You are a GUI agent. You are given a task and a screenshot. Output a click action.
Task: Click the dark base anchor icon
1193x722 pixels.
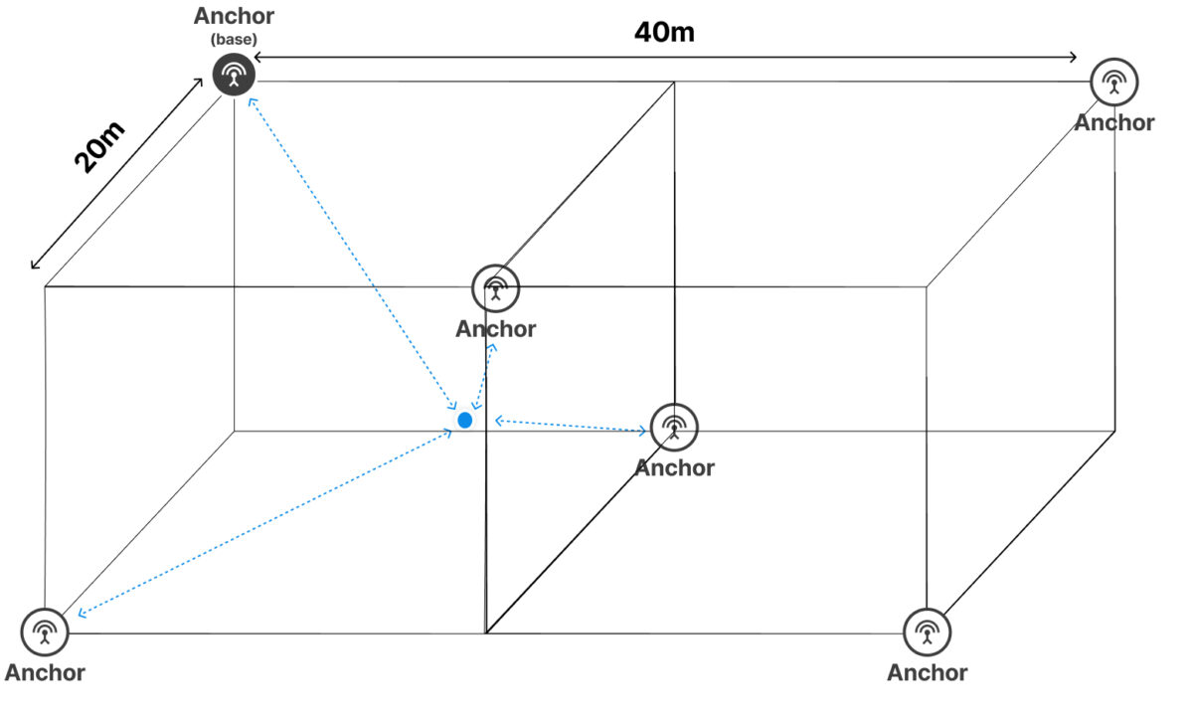pyautogui.click(x=234, y=75)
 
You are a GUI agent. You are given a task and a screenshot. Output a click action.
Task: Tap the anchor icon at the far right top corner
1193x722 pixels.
pyautogui.click(x=1114, y=83)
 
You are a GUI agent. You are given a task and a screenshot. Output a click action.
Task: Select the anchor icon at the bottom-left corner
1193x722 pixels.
pyautogui.click(x=45, y=632)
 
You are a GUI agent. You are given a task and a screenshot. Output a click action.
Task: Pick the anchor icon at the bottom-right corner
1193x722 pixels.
pyautogui.click(x=928, y=632)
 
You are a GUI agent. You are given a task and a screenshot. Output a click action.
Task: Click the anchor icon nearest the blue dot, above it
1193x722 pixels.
pyautogui.click(x=496, y=288)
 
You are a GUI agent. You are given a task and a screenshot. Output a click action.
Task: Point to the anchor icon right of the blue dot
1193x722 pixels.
pyautogui.click(x=674, y=428)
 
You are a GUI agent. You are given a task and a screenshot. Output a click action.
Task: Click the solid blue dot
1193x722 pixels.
pyautogui.click(x=465, y=421)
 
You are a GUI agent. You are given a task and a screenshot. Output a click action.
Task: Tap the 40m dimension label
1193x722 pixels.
pyautogui.click(x=664, y=32)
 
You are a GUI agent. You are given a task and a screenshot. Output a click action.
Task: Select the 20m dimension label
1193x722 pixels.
pyautogui.click(x=99, y=147)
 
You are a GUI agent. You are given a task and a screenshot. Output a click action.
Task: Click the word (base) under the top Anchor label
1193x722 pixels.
pyautogui.click(x=234, y=40)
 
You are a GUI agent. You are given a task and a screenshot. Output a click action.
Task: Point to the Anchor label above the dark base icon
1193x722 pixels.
pyautogui.click(x=234, y=16)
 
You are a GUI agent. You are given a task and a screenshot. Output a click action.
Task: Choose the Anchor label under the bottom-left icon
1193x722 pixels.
pyautogui.click(x=45, y=672)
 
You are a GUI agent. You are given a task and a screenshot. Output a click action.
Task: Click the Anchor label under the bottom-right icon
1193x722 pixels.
pyautogui.click(x=928, y=672)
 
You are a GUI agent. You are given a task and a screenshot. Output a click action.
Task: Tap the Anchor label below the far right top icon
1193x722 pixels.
pyautogui.click(x=1114, y=122)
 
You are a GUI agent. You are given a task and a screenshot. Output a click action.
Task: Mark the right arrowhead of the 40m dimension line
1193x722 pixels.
pyautogui.click(x=1073, y=57)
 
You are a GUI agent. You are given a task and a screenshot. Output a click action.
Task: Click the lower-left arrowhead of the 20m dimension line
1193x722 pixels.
pyautogui.click(x=34, y=265)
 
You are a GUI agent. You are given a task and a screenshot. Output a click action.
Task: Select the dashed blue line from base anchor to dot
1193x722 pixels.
pyautogui.click(x=353, y=254)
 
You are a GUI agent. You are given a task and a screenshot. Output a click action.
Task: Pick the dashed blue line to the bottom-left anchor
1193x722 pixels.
pyautogui.click(x=264, y=523)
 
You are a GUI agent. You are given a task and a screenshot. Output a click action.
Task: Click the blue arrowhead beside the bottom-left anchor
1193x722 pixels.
pyautogui.click(x=82, y=614)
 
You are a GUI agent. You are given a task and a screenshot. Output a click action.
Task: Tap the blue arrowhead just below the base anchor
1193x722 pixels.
pyautogui.click(x=253, y=101)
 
